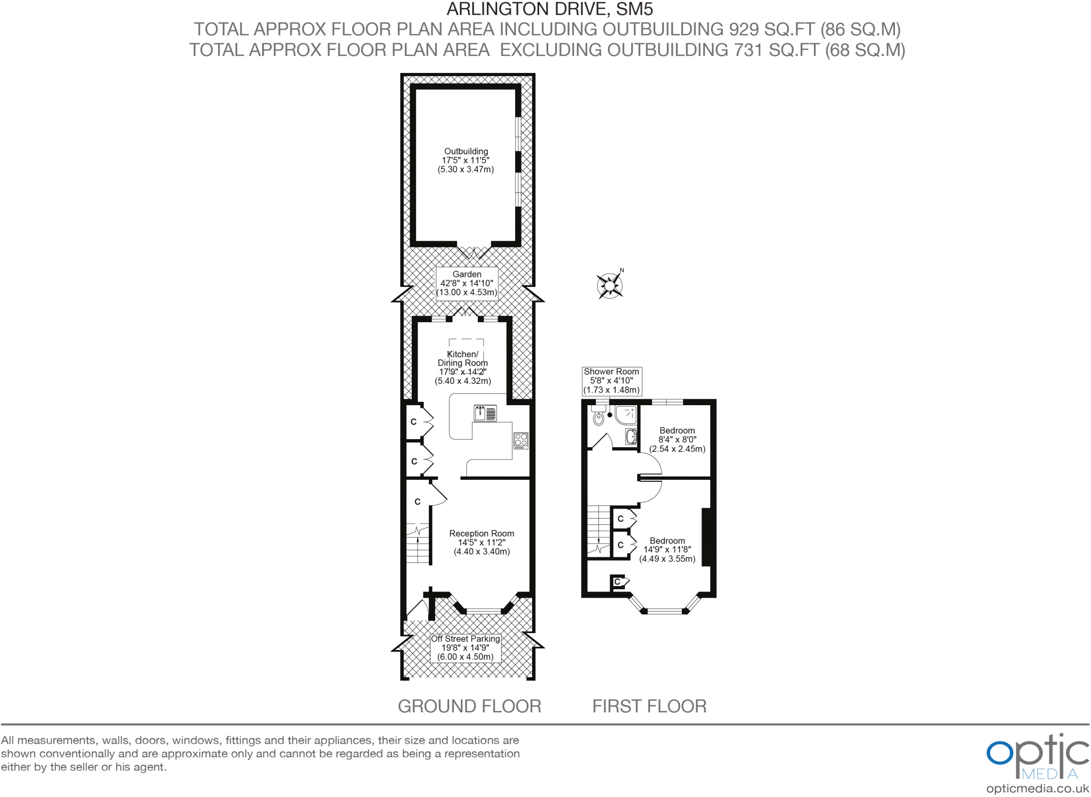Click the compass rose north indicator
click(x=610, y=285)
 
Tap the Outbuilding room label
click(x=466, y=160)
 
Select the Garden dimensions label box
click(x=467, y=283)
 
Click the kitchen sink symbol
click(x=485, y=413)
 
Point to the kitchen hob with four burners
click(x=520, y=440)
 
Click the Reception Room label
click(x=482, y=542)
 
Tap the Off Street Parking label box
click(x=466, y=647)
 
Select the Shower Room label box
click(x=611, y=381)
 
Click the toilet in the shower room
click(x=599, y=418)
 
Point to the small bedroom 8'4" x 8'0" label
click(x=677, y=439)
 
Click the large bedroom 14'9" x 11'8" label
click(x=667, y=549)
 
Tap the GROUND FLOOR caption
click(x=469, y=706)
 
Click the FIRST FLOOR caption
click(x=649, y=706)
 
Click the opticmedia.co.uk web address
click(x=1037, y=788)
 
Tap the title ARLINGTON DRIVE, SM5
click(x=549, y=9)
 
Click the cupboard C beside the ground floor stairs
click(x=418, y=502)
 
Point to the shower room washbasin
click(x=631, y=437)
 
